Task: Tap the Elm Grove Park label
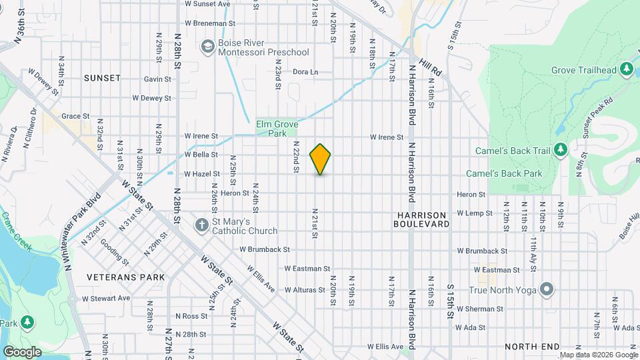277,128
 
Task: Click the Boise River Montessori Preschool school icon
207,46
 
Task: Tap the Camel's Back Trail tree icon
560,150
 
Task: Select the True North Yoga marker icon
547,289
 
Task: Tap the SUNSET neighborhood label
103,78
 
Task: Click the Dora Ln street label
305,72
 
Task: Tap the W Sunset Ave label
207,4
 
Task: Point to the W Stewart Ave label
106,298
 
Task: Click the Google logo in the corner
22,351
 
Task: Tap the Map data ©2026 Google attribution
597,355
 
